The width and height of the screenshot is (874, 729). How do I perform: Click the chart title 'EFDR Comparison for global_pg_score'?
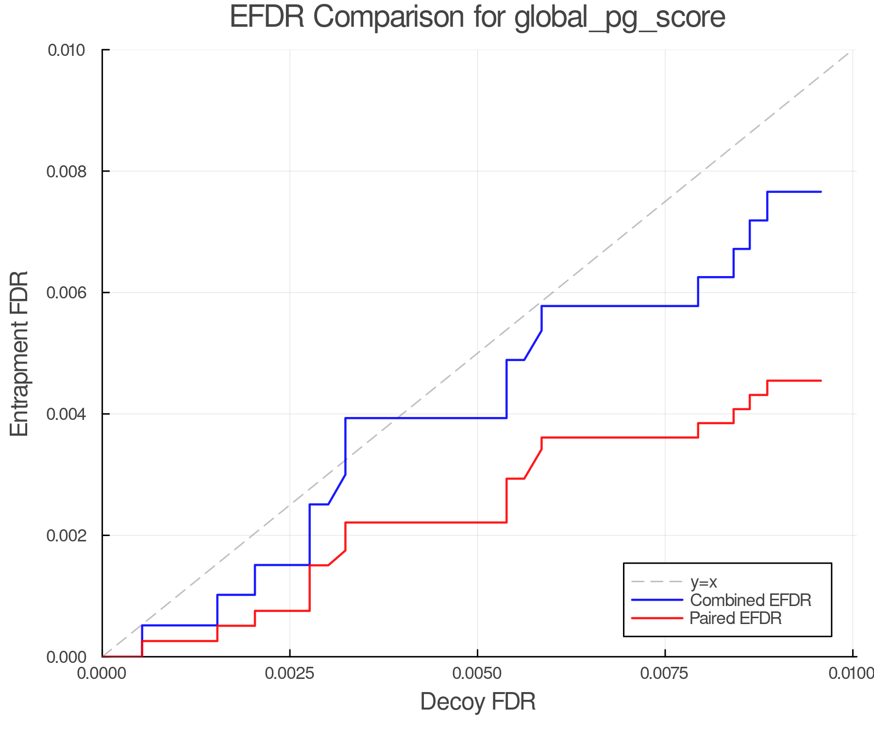pos(477,17)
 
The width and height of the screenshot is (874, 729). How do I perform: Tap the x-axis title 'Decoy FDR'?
pos(478,702)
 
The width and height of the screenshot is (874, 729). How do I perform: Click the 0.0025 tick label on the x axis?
pos(290,674)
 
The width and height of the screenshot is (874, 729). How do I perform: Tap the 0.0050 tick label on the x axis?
pos(478,674)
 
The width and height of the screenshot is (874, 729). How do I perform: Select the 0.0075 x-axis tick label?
pos(665,674)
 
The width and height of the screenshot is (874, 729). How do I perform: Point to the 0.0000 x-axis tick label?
pos(102,674)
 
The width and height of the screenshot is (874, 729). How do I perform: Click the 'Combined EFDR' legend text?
pos(751,600)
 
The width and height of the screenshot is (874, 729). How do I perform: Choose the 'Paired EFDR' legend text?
pos(736,618)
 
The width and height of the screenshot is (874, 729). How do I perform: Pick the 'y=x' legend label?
pos(704,582)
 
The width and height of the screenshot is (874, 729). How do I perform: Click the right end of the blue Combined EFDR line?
pos(821,192)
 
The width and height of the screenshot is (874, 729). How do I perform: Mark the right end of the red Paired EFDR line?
pos(821,381)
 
